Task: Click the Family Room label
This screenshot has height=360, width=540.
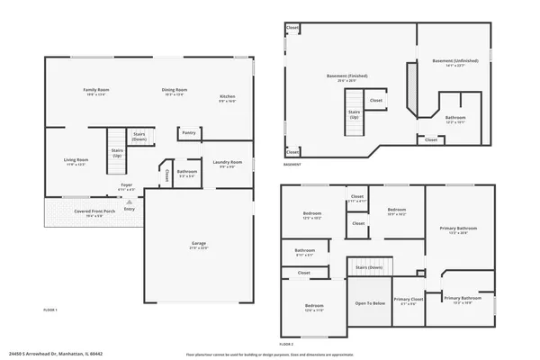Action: (x=96, y=90)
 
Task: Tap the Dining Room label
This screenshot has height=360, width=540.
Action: (x=175, y=90)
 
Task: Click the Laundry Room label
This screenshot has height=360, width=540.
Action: (x=229, y=163)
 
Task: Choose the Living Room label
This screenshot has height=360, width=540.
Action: (x=76, y=159)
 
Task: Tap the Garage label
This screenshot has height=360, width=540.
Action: (x=199, y=244)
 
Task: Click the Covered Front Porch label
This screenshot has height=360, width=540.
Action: (x=94, y=211)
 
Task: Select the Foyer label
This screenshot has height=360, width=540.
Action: (x=127, y=184)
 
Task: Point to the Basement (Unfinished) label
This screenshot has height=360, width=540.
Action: (x=454, y=61)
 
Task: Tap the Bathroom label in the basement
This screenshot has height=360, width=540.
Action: (x=454, y=117)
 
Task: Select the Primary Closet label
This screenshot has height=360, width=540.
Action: (x=408, y=299)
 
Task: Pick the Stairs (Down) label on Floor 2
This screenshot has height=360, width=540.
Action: (x=369, y=267)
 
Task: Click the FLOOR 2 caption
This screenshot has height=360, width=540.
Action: (x=286, y=344)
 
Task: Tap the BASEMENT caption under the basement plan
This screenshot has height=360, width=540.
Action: (x=292, y=165)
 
